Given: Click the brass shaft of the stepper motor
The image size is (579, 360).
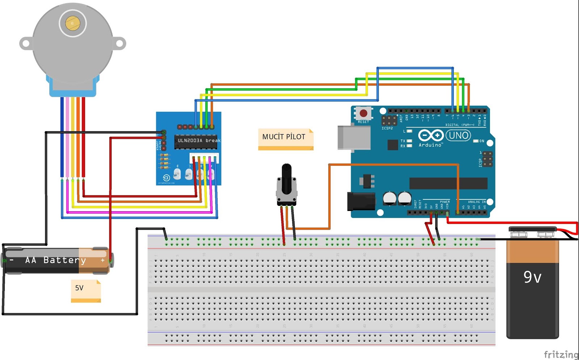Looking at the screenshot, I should (73, 23).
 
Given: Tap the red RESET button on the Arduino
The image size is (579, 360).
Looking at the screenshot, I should (363, 114).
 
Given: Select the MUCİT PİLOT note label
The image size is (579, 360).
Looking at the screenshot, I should (284, 137).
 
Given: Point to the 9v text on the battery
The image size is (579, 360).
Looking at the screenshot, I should (532, 277).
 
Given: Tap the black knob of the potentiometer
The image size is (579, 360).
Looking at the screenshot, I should (286, 178).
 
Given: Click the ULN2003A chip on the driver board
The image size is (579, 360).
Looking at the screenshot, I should (196, 141).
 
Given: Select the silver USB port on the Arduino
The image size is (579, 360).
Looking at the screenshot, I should (353, 137).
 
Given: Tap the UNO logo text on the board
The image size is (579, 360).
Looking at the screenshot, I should (458, 136).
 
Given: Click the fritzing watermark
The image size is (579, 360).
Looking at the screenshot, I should (561, 354).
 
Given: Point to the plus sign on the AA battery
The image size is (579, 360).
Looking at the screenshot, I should (103, 260).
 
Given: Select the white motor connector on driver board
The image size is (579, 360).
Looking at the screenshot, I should (204, 158).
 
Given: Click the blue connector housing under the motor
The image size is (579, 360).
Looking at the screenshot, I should (72, 87).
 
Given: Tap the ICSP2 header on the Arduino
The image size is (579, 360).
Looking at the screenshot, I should (389, 120).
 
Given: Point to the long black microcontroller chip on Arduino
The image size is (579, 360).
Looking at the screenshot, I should (448, 183).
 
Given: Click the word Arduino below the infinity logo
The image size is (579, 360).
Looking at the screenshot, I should (430, 145).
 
